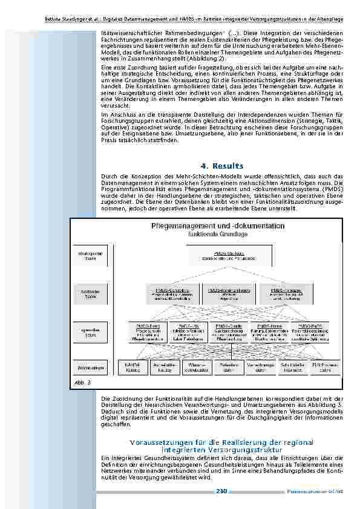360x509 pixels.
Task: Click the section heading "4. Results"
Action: point(221,166)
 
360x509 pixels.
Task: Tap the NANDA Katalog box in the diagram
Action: point(133,368)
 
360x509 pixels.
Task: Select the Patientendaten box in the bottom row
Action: point(227,368)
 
